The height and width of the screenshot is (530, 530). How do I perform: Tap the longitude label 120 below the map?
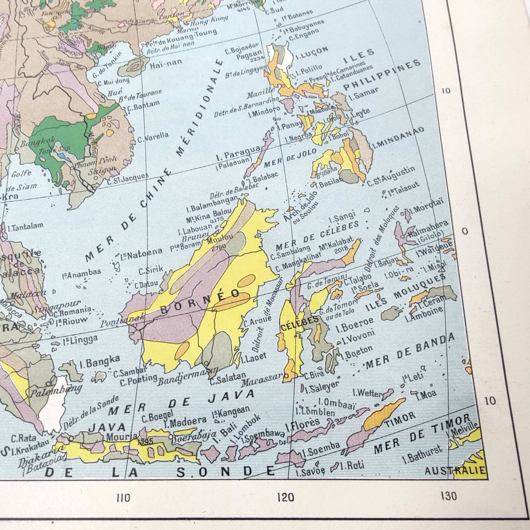[x=286, y=497]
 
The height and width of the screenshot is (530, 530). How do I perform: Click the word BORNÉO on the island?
[x=200, y=302]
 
